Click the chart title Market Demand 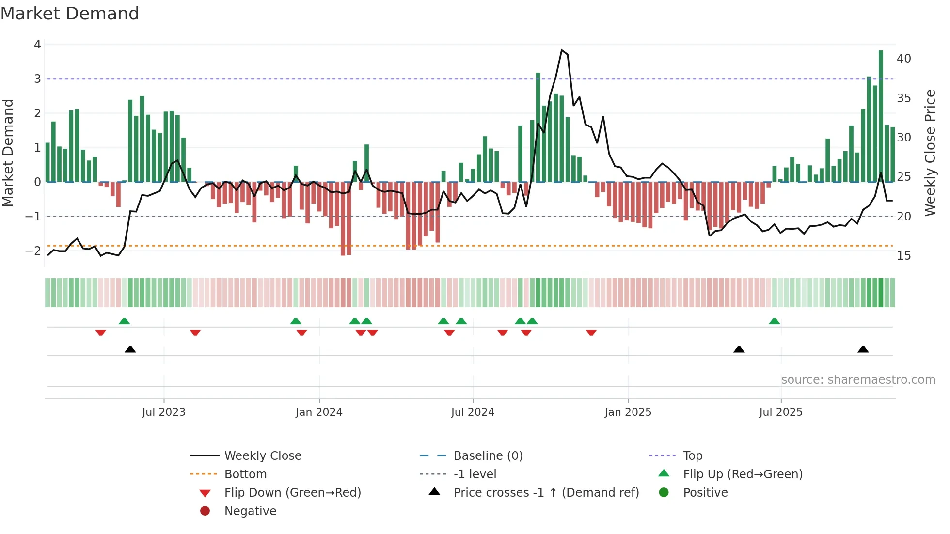[x=70, y=14]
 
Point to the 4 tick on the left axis [x=37, y=45]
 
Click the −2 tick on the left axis [x=33, y=251]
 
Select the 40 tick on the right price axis [x=904, y=59]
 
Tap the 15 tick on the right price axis [x=904, y=256]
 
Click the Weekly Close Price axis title [x=930, y=153]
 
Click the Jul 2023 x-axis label [x=164, y=412]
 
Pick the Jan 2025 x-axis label [x=628, y=412]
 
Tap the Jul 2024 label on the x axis [x=473, y=412]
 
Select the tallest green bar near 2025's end [x=881, y=116]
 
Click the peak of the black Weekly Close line [x=562, y=50]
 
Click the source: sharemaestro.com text [x=858, y=380]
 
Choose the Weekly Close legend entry [x=262, y=456]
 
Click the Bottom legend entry [x=245, y=474]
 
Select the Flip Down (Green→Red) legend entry [x=292, y=493]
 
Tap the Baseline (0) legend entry [x=488, y=456]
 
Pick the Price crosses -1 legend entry [x=546, y=493]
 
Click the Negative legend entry [x=250, y=511]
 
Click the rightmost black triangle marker [x=863, y=350]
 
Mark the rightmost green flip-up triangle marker [x=775, y=321]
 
